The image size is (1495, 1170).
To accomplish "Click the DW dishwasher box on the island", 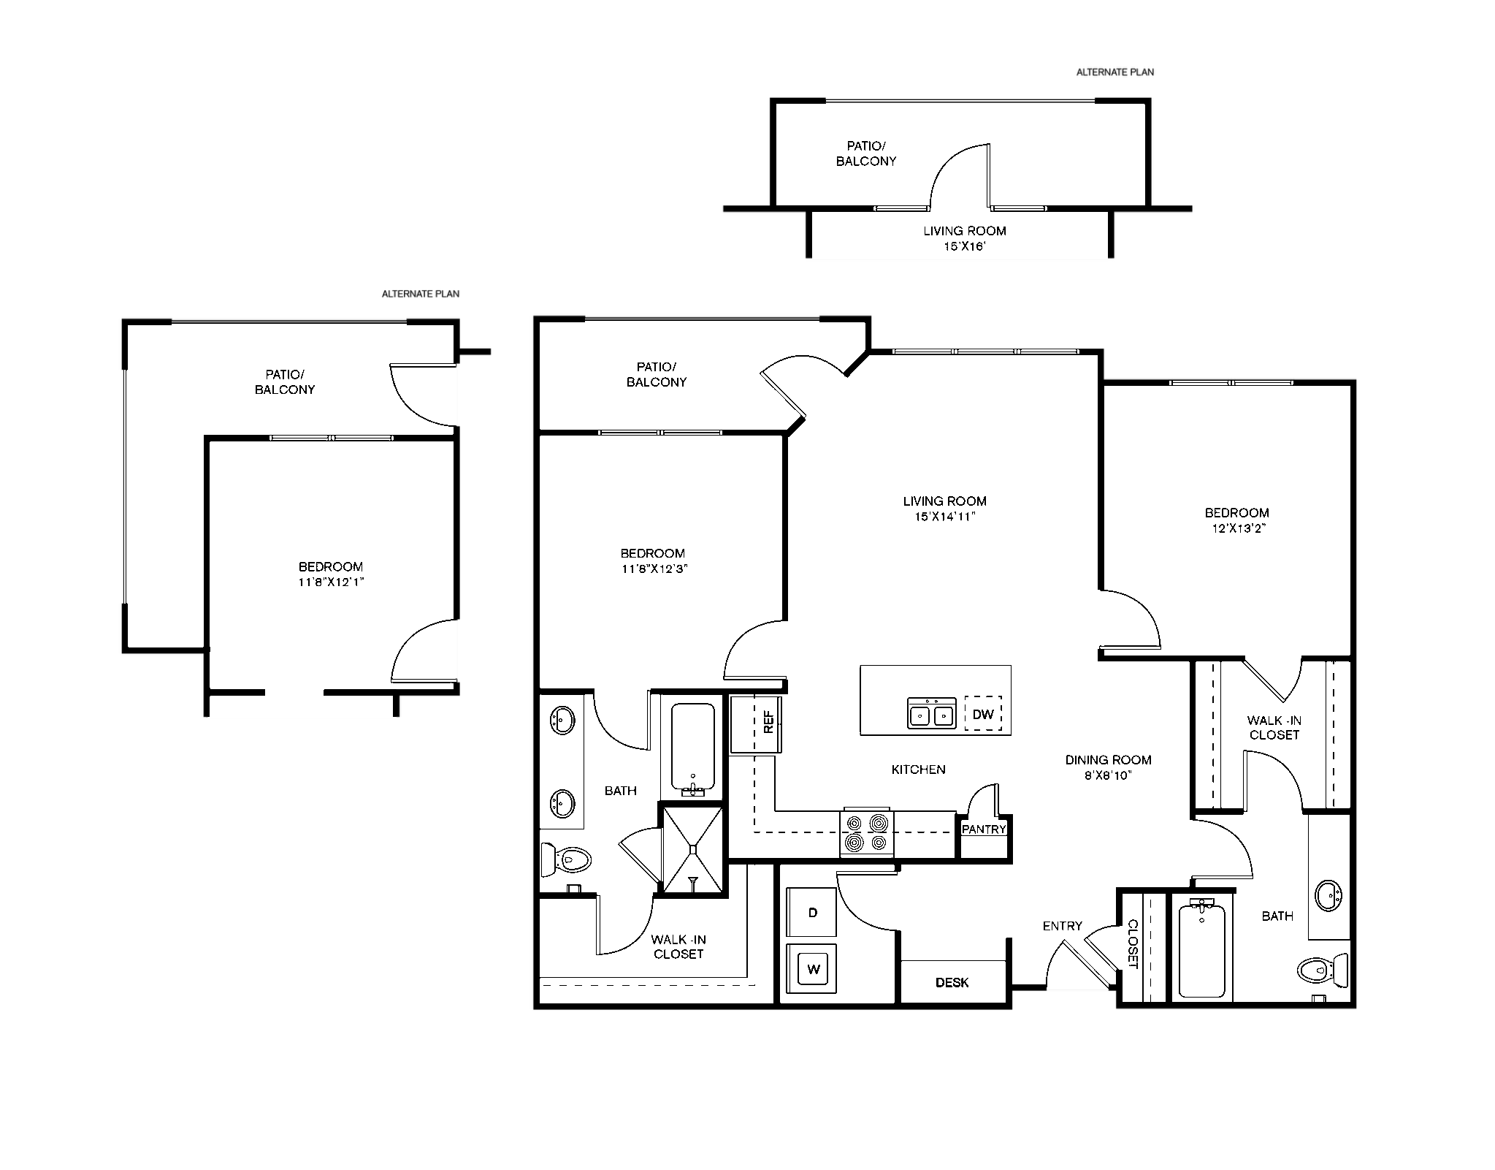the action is point(983,713).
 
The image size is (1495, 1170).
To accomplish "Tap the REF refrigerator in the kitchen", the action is point(757,723).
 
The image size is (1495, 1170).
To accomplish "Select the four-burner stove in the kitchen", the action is point(868,833).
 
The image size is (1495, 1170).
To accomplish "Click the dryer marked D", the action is point(811,912).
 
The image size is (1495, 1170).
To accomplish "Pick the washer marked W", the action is point(811,969).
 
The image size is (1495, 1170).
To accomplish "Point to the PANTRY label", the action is point(984,829).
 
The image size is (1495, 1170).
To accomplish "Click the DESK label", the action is point(952,983).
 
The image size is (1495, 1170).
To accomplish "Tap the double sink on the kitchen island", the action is point(931,713).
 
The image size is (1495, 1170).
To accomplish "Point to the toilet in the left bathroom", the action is point(566,859).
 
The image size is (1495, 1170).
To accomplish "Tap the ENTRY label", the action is point(1063,926).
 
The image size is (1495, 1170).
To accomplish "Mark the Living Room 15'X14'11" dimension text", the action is point(944,517).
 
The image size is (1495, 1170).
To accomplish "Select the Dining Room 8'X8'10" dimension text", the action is point(1108,775).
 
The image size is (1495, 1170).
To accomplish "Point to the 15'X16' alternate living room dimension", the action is point(965,247).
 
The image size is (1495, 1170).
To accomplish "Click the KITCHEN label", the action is point(919,770).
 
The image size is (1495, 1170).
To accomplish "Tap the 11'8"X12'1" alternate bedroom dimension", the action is point(331,582).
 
